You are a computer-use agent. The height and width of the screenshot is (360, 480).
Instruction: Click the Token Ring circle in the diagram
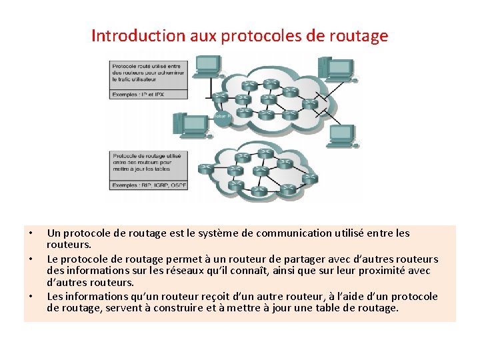click(x=222, y=118)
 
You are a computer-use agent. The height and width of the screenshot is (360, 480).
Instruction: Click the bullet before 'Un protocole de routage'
click(x=30, y=233)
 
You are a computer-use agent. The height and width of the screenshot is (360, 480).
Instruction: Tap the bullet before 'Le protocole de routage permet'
click(x=30, y=259)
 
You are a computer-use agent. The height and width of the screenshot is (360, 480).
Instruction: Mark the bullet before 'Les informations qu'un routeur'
click(x=30, y=296)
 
